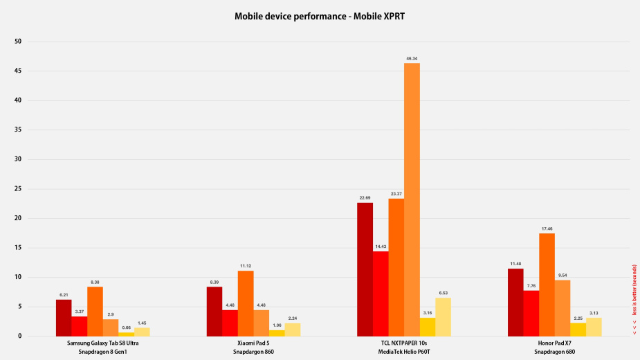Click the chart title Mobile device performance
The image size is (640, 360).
pyautogui.click(x=320, y=14)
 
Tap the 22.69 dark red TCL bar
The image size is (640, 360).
pyautogui.click(x=365, y=269)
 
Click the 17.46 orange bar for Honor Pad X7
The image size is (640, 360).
pyautogui.click(x=547, y=285)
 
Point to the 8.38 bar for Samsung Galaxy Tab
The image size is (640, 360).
pyautogui.click(x=95, y=311)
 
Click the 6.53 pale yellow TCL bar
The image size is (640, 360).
pyautogui.click(x=443, y=316)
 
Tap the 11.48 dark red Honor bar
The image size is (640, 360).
pyautogui.click(x=515, y=302)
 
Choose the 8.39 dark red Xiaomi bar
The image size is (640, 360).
pyautogui.click(x=214, y=311)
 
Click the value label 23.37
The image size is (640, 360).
pyautogui.click(x=396, y=193)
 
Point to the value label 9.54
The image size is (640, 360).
pyautogui.click(x=562, y=275)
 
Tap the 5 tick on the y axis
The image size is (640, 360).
pyautogui.click(x=19, y=307)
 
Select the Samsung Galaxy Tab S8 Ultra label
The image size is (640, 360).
pyautogui.click(x=102, y=343)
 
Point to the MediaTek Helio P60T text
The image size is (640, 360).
pyautogui.click(x=404, y=352)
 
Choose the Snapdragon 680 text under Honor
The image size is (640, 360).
pyautogui.click(x=554, y=352)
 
